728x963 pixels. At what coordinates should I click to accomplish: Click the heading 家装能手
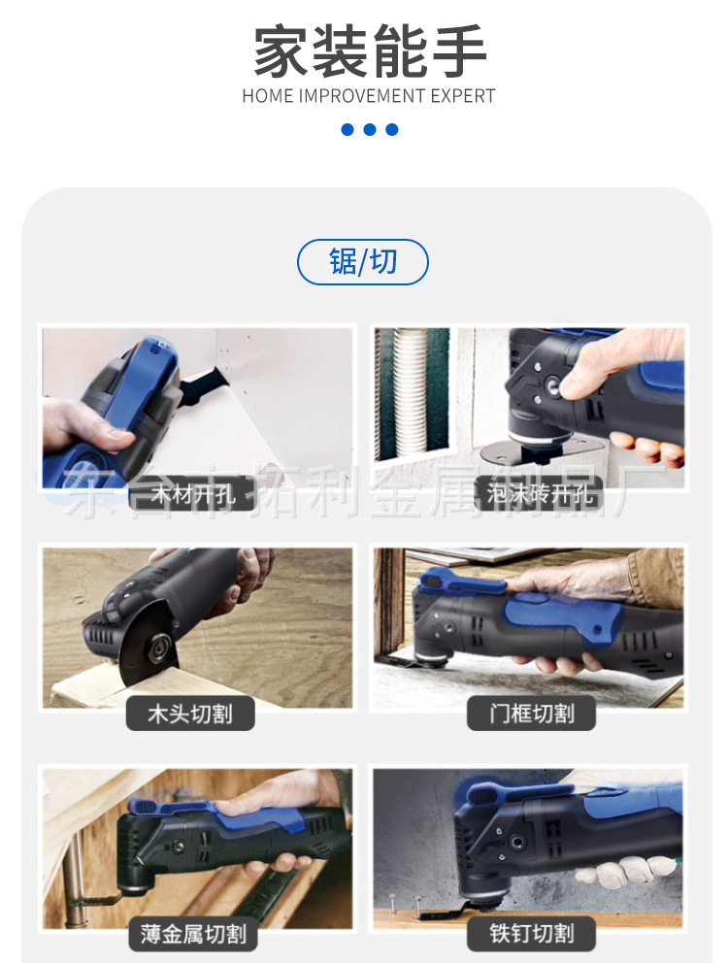click(369, 53)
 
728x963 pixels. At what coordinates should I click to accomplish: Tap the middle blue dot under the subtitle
click(369, 129)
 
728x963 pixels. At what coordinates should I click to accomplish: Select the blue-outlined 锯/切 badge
click(362, 262)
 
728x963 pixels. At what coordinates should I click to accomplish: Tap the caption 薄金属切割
click(193, 935)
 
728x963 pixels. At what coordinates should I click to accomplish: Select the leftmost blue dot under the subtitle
click(347, 129)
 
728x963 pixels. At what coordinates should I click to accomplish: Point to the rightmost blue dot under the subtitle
click(392, 129)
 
